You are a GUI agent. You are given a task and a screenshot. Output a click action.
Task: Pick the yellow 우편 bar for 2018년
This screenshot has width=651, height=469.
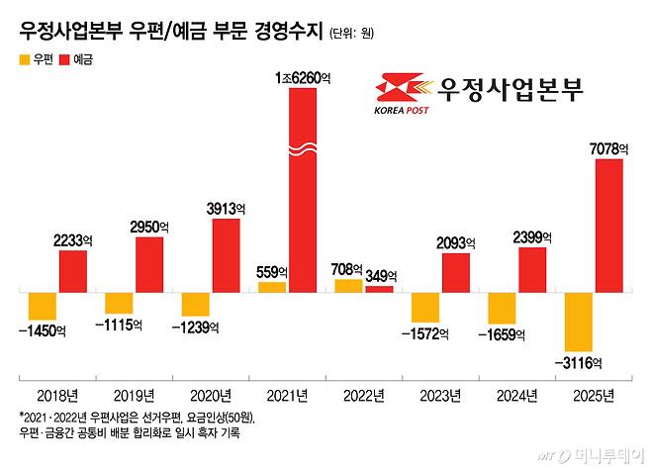[41, 306]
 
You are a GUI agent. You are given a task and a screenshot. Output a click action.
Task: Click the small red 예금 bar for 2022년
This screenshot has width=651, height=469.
[378, 288]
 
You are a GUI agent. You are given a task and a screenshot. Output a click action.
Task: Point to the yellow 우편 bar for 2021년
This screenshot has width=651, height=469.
[271, 286]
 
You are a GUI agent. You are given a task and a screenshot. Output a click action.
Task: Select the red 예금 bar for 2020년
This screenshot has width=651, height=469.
[226, 255]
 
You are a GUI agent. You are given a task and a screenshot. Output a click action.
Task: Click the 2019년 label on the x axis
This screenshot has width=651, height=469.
[135, 396]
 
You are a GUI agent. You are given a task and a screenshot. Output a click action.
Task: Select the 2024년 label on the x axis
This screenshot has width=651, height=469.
[516, 396]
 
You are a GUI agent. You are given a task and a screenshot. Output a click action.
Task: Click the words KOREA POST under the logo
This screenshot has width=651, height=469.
[402, 111]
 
